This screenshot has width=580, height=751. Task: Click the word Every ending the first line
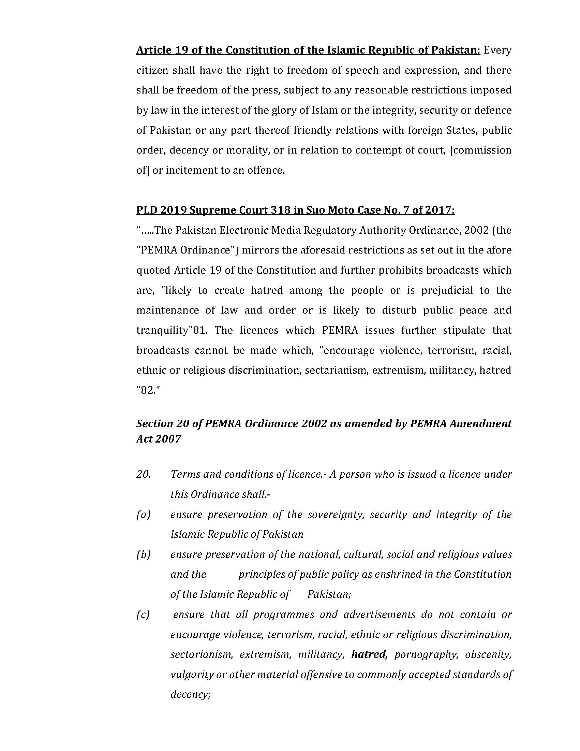(497, 50)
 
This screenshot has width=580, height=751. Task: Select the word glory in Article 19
(270, 110)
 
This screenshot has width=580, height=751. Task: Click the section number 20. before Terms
(143, 475)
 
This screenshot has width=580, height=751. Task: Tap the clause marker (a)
(143, 515)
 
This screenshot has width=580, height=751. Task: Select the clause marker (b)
(143, 555)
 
